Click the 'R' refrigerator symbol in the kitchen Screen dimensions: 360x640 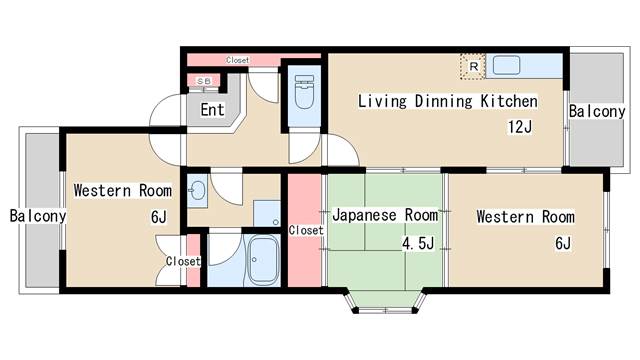pyautogui.click(x=472, y=67)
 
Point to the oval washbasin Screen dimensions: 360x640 pyautogui.click(x=197, y=189)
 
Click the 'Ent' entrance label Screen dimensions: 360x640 pyautogui.click(x=212, y=110)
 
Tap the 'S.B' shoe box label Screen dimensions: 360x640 pyautogui.click(x=203, y=81)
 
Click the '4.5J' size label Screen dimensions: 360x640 pyautogui.click(x=418, y=243)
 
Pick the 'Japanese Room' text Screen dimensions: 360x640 pyautogui.click(x=385, y=216)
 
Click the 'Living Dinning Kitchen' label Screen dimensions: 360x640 pyautogui.click(x=447, y=102)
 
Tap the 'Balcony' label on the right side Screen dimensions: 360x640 pyautogui.click(x=597, y=112)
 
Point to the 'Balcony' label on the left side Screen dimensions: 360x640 pyautogui.click(x=38, y=216)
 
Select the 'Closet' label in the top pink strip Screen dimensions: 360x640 pyautogui.click(x=237, y=60)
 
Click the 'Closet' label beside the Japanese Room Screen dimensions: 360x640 pyautogui.click(x=305, y=230)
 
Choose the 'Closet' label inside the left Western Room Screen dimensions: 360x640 pyautogui.click(x=183, y=261)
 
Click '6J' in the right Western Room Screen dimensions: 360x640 pyautogui.click(x=562, y=243)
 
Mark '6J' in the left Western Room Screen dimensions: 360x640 pyautogui.click(x=159, y=217)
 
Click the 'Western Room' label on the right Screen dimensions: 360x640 pyautogui.click(x=525, y=217)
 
